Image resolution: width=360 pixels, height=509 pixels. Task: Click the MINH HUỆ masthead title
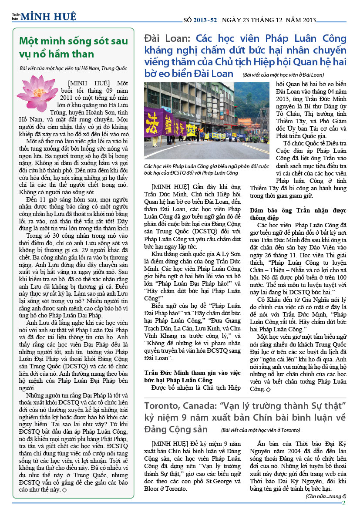click(x=49, y=17)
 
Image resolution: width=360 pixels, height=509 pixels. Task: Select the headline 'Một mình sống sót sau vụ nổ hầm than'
click(x=74, y=47)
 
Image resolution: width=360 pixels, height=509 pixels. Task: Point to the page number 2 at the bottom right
click(x=343, y=503)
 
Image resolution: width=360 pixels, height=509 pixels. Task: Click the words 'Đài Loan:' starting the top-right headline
click(x=168, y=38)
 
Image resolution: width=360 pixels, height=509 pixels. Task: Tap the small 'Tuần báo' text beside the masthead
click(x=16, y=17)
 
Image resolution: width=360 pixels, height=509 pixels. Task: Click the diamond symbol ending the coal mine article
click(x=64, y=489)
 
